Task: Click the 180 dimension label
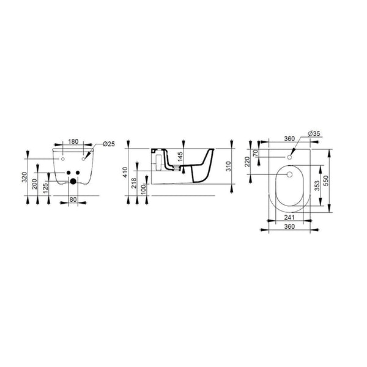click(x=73, y=142)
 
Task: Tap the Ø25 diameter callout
click(x=109, y=144)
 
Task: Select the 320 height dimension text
click(x=24, y=177)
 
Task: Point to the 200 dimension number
click(x=34, y=184)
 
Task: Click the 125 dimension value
click(x=46, y=188)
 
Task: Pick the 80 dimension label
click(x=73, y=199)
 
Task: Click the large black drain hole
click(x=73, y=181)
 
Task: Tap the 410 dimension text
click(x=125, y=172)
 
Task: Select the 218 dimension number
click(x=134, y=183)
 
